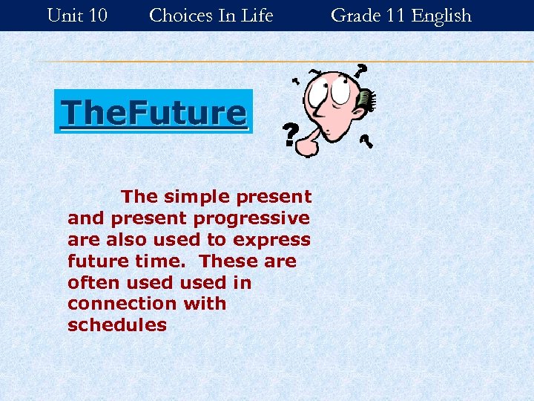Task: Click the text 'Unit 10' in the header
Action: [77, 15]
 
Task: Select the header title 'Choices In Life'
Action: [211, 15]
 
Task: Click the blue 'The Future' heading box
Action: [154, 112]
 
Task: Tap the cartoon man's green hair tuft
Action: [368, 100]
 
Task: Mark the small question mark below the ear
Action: [366, 141]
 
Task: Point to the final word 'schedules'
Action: [117, 325]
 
